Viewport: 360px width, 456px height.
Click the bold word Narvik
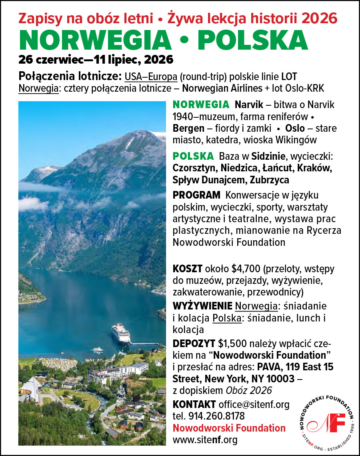coord(249,105)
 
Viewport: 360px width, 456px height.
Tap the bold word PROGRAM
coord(196,195)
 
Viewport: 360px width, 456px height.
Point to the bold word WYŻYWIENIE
coord(202,306)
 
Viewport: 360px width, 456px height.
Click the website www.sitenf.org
coord(205,440)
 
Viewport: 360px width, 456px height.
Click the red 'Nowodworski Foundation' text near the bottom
coord(229,428)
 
